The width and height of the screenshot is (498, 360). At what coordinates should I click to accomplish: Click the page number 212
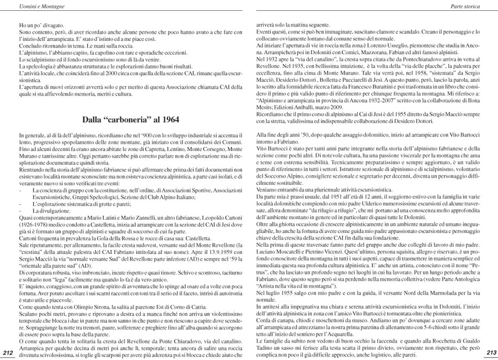tap(8, 353)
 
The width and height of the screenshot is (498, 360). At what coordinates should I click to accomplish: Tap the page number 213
tap(491, 353)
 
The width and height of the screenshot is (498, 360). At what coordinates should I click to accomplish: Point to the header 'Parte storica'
tap(466, 7)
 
